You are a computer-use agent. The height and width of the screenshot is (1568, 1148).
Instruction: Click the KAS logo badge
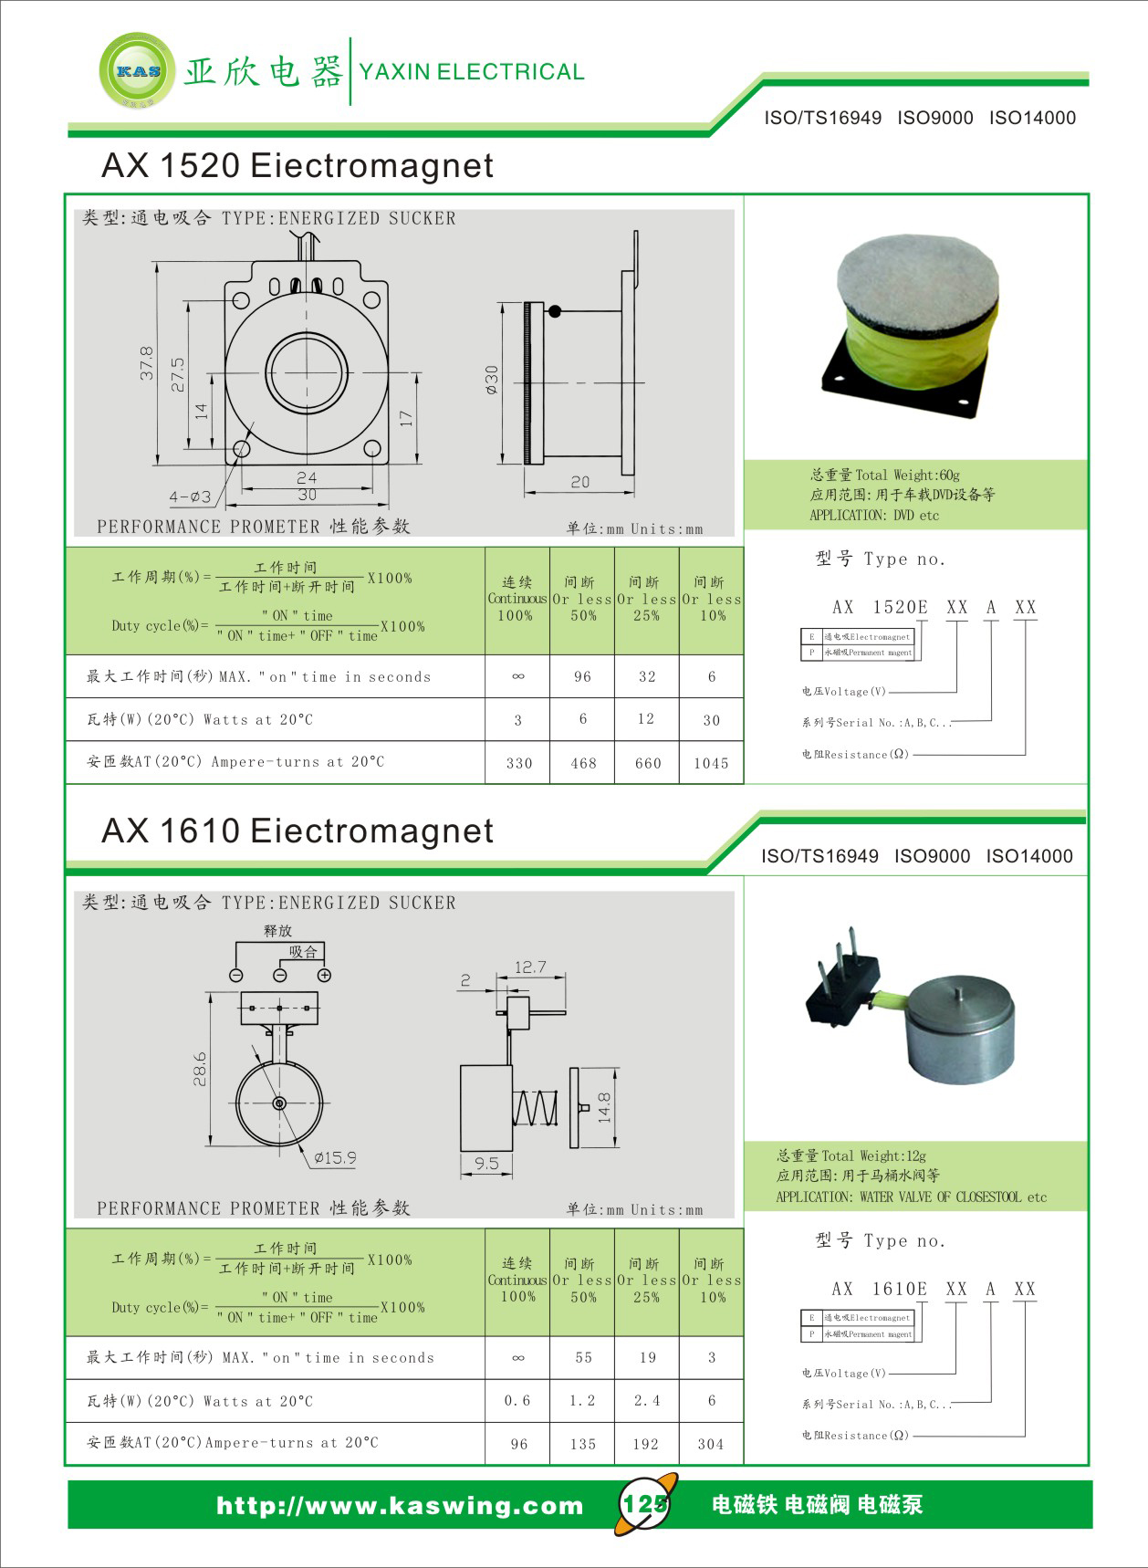pyautogui.click(x=137, y=71)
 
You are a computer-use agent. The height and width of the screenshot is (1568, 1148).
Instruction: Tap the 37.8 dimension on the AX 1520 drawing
pyautogui.click(x=147, y=362)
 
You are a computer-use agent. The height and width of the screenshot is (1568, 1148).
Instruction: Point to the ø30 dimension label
pyautogui.click(x=492, y=379)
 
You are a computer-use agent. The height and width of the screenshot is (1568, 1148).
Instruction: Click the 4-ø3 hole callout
pyautogui.click(x=190, y=497)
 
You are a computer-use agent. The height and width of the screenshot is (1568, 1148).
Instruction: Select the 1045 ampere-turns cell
pyautogui.click(x=711, y=763)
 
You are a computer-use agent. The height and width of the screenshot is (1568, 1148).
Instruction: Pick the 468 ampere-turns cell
pyautogui.click(x=583, y=763)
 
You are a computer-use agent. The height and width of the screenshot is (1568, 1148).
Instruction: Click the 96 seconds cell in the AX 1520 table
pyautogui.click(x=582, y=676)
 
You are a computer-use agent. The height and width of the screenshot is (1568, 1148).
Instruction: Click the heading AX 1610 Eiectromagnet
pyautogui.click(x=297, y=831)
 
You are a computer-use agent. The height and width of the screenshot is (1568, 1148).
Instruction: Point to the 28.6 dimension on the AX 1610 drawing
pyautogui.click(x=200, y=1069)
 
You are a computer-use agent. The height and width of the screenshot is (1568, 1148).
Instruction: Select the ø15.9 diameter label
pyautogui.click(x=335, y=1157)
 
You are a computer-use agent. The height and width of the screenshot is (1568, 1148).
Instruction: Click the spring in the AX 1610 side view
pyautogui.click(x=535, y=1109)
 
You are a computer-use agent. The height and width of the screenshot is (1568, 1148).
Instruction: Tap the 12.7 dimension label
pyautogui.click(x=530, y=967)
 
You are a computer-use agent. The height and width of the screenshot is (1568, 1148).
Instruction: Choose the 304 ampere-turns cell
pyautogui.click(x=711, y=1444)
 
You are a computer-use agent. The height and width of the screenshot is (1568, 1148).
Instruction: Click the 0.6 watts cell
pyautogui.click(x=517, y=1400)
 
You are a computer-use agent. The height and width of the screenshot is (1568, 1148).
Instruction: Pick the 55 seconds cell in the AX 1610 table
pyautogui.click(x=583, y=1357)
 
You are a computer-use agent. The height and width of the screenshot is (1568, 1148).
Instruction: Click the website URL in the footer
pyautogui.click(x=400, y=1505)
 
